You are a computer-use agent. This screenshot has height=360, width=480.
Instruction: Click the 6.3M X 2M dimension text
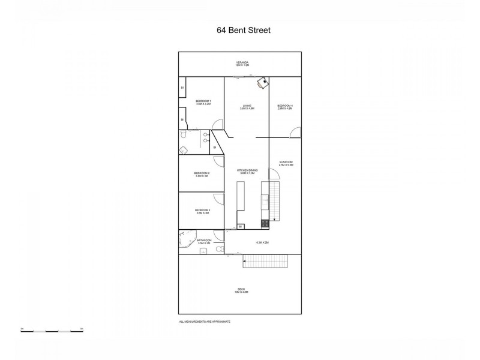click(x=262, y=242)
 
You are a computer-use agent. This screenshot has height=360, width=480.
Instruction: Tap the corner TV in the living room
click(x=263, y=83)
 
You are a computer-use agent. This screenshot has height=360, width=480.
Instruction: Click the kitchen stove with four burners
click(x=265, y=224)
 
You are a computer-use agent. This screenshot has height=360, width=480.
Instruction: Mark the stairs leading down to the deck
click(x=265, y=261)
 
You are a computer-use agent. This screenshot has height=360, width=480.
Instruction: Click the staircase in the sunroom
click(x=275, y=201)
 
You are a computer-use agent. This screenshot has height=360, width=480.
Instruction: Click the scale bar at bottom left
click(x=52, y=329)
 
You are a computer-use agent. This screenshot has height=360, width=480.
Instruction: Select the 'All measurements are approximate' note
click(x=205, y=322)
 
